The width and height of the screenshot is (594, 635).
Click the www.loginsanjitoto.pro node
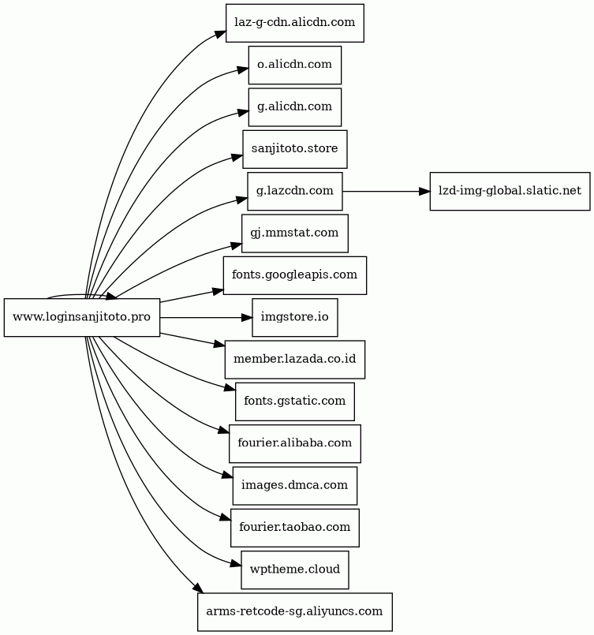(x=82, y=317)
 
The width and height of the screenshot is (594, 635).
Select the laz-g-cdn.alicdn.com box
(x=295, y=23)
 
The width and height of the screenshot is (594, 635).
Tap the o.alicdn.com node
(x=295, y=65)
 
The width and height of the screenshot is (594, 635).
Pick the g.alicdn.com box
(x=295, y=107)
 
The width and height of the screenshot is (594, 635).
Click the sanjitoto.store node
(x=295, y=149)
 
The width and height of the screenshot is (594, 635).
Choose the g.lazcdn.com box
(x=295, y=191)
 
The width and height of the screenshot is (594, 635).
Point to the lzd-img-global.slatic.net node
(x=510, y=191)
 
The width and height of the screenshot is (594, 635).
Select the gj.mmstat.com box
(x=295, y=233)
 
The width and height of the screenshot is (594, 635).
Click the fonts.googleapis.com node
(x=295, y=275)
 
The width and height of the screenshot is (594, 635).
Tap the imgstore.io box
(x=295, y=317)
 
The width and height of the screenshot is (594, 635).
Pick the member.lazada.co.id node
(x=295, y=360)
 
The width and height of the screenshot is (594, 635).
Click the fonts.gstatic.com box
(x=295, y=402)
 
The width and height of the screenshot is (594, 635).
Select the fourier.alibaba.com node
(x=295, y=444)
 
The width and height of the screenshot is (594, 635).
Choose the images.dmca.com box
(x=295, y=486)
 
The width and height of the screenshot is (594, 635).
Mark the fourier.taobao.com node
(x=295, y=528)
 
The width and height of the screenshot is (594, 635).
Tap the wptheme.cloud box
(x=295, y=570)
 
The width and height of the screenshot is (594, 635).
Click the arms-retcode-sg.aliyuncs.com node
(x=295, y=612)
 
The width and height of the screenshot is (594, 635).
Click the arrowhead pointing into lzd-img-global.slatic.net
(x=424, y=191)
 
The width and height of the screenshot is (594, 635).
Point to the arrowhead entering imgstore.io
(x=247, y=317)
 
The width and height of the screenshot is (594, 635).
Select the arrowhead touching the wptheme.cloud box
(x=236, y=564)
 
